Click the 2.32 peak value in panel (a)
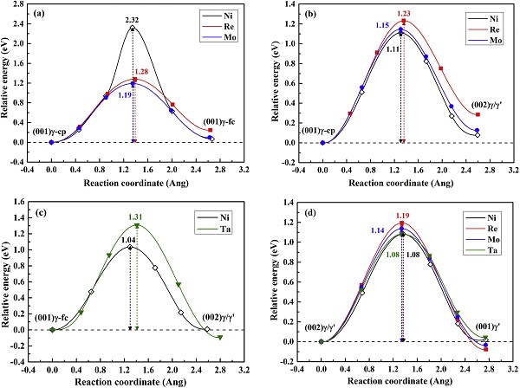[x=132, y=19]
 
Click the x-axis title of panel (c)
[x=136, y=381]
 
